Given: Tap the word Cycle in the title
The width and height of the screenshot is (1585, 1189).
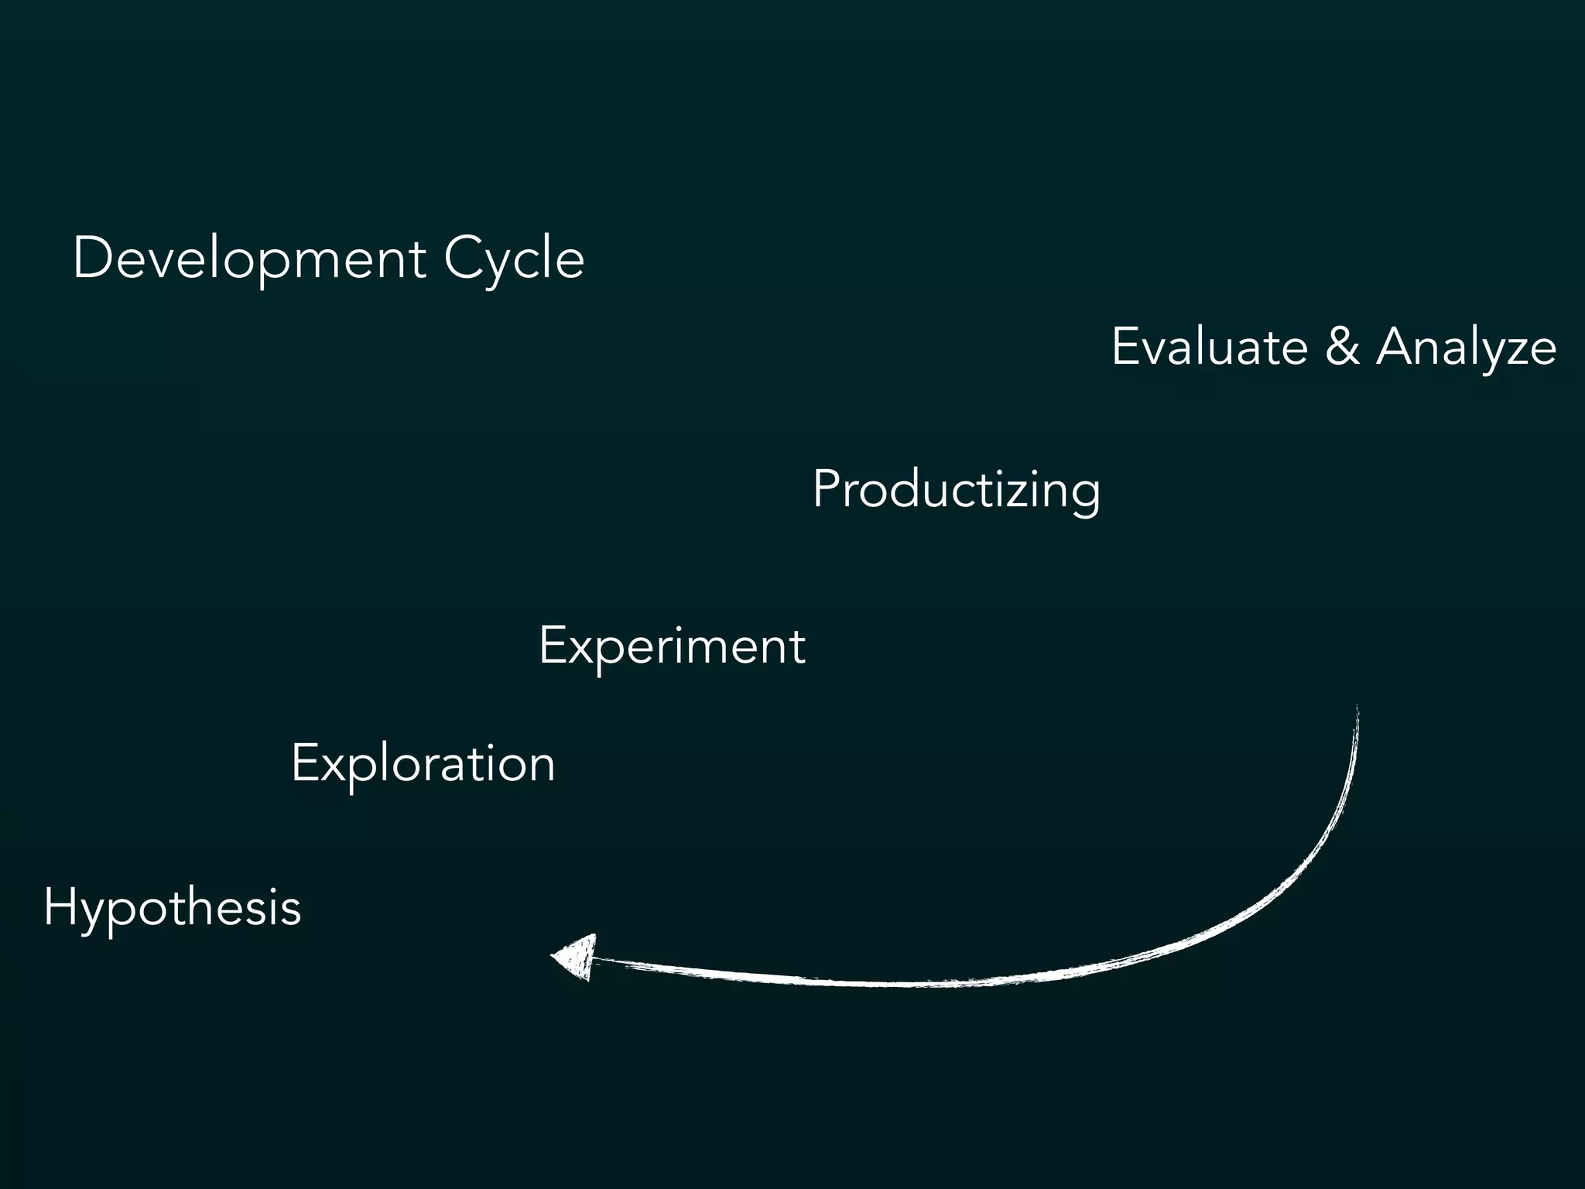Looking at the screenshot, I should (x=514, y=259).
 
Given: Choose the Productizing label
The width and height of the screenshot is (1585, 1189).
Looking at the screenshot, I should (x=956, y=490).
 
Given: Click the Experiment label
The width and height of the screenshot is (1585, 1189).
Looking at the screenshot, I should (x=672, y=646).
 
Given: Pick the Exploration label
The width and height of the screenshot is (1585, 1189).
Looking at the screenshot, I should (x=423, y=764).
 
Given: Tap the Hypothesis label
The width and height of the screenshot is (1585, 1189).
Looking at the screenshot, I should (x=172, y=907).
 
